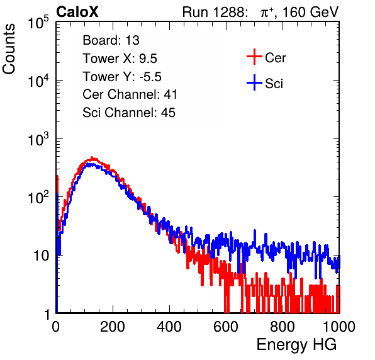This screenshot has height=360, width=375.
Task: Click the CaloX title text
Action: pos(77,12)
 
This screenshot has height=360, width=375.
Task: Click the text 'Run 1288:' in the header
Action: pos(215,12)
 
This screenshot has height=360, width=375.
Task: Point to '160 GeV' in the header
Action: pos(311,12)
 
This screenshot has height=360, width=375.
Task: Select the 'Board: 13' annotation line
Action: pos(111,40)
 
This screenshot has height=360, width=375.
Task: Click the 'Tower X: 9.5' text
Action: pos(120,59)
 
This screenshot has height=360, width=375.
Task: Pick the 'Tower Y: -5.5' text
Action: pos(122,77)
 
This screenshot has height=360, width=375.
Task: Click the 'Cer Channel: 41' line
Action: pos(130,94)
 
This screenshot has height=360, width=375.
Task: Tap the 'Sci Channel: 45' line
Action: pos(129,113)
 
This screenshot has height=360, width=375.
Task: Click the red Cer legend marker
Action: pos(254,57)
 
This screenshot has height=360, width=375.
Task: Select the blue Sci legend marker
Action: pos(254,83)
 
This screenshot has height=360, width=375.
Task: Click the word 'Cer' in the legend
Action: pos(275,58)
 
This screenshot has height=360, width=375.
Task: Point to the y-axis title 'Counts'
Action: pos(9,49)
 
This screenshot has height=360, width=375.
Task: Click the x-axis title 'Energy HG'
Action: pos(296,345)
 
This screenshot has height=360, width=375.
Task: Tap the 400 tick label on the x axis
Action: pos(169,327)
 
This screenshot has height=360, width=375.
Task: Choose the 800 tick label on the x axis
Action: pos(283,327)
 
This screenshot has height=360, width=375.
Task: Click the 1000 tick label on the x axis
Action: pos(339,327)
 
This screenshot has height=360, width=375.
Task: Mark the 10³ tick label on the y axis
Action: pos(38,139)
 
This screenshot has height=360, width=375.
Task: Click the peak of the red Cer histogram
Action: pos(92,157)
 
